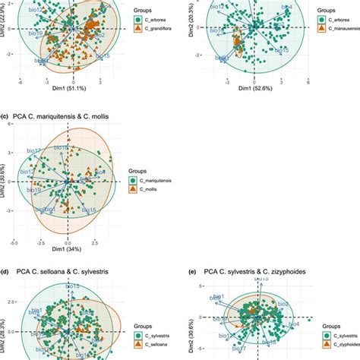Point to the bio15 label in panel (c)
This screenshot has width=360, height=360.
(x=87, y=210)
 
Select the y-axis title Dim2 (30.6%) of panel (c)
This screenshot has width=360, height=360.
(x=5, y=181)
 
